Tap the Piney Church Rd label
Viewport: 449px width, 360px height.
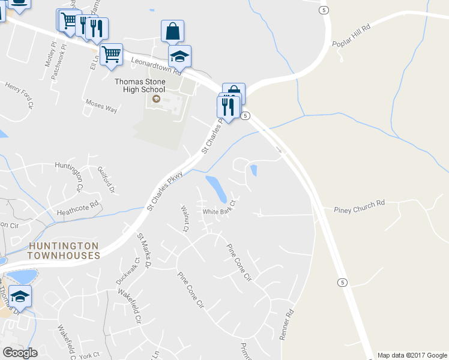pyautogui.click(x=359, y=206)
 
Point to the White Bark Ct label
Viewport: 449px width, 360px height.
pyautogui.click(x=221, y=211)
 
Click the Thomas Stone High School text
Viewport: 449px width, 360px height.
pyautogui.click(x=140, y=85)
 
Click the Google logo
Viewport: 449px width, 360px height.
pyautogui.click(x=20, y=352)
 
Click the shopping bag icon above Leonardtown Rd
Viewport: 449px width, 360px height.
pyautogui.click(x=172, y=31)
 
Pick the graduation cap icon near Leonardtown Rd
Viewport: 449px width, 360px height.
pyautogui.click(x=179, y=56)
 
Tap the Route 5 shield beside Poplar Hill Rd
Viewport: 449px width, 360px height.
pyautogui.click(x=325, y=10)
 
